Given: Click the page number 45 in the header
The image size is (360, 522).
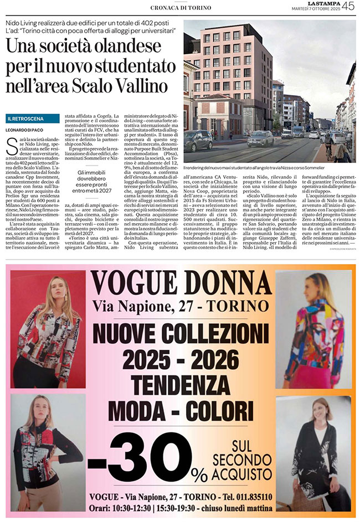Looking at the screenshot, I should (348, 7).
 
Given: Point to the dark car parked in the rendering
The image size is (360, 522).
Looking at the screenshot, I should (198, 141).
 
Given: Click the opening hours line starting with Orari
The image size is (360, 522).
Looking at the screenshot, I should (184, 508).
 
